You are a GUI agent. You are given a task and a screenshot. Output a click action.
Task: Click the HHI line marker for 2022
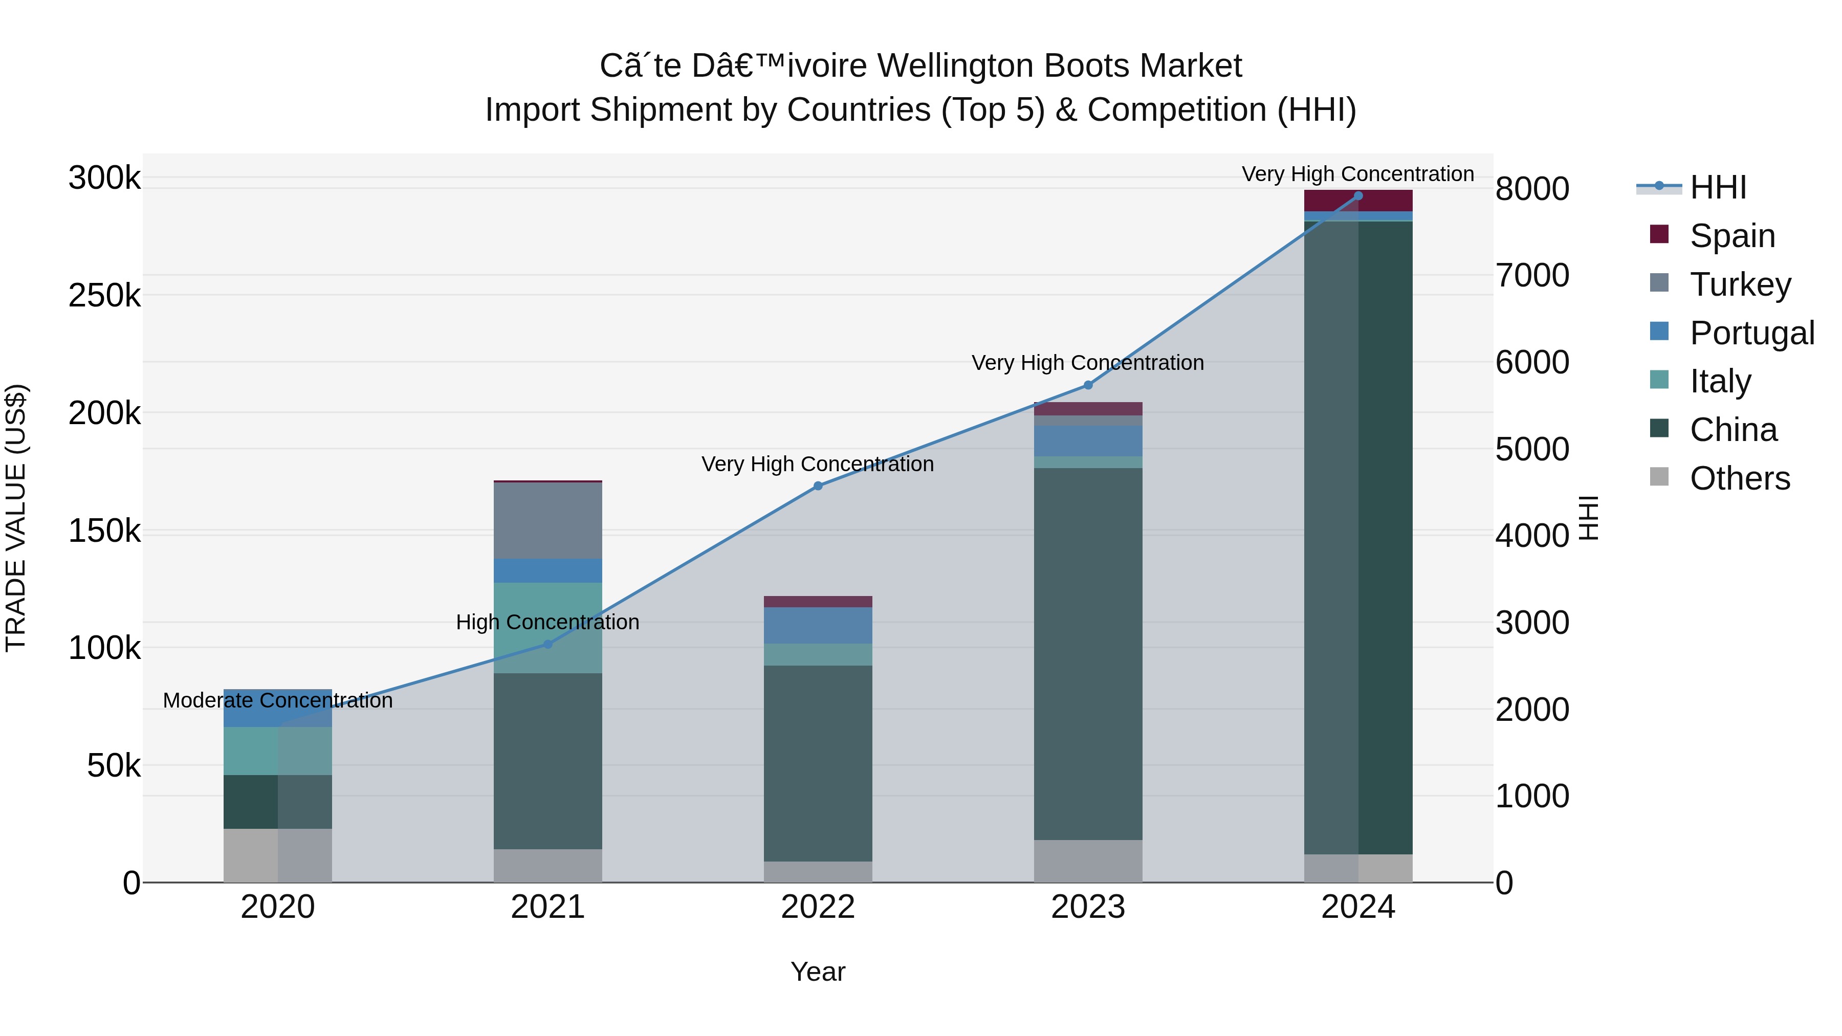[818, 486]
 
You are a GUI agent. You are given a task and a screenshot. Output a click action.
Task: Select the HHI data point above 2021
[547, 644]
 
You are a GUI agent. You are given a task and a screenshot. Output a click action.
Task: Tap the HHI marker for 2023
[1088, 385]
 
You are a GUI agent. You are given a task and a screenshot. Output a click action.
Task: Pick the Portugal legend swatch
[1659, 332]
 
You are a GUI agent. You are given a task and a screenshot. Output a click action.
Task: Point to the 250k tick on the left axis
[104, 295]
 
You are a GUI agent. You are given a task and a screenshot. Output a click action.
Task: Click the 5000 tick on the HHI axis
[1532, 449]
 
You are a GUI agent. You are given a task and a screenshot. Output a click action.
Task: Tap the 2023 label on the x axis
[1088, 907]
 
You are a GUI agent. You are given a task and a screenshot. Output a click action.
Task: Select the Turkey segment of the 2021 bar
[547, 521]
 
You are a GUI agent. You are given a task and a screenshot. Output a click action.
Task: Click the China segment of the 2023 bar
[1088, 654]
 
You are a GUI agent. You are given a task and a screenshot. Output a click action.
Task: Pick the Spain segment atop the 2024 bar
[1358, 201]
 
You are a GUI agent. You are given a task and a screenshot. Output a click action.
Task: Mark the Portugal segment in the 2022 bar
[818, 626]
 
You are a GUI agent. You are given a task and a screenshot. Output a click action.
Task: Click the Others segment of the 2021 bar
[547, 866]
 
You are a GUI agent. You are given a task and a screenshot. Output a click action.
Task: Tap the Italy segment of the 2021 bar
[547, 628]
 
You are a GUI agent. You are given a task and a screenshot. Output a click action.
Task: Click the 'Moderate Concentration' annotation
[278, 701]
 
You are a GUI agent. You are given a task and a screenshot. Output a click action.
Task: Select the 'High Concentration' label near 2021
[547, 622]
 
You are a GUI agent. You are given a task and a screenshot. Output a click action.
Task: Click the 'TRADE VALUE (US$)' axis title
[16, 518]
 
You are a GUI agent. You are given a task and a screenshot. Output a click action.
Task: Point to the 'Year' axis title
[818, 972]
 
